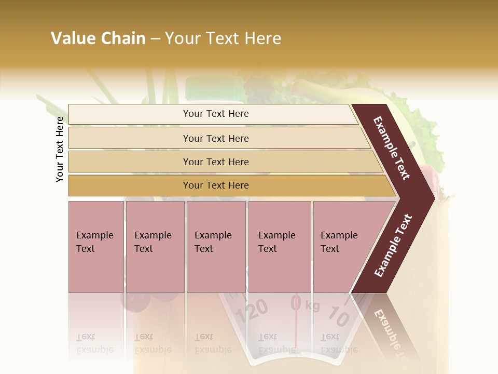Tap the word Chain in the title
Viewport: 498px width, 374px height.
(x=124, y=38)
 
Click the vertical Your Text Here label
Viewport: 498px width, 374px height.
(x=60, y=149)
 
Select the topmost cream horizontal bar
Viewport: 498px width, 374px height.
(x=216, y=114)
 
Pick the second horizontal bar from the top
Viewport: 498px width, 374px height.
(x=216, y=138)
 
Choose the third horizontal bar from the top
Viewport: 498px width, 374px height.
(x=216, y=162)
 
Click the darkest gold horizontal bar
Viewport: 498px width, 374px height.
(x=216, y=185)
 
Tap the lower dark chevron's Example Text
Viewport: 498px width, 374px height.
(x=393, y=245)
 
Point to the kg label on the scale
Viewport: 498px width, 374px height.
(x=312, y=305)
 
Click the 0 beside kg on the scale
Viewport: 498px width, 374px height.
(x=296, y=303)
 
